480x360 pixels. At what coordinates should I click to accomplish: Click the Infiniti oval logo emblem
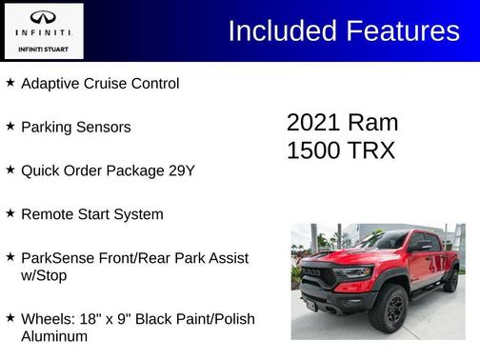click(x=44, y=18)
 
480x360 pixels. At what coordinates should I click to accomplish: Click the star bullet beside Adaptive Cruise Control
click(x=10, y=83)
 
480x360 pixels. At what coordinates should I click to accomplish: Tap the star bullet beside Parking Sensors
click(x=10, y=126)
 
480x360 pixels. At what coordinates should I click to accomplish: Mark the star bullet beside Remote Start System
click(x=10, y=213)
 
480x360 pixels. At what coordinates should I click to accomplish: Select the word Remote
click(x=47, y=214)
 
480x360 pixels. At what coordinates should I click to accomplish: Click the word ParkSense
click(x=56, y=258)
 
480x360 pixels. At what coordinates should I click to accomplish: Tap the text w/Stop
click(x=45, y=275)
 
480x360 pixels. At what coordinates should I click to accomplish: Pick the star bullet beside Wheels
click(x=10, y=318)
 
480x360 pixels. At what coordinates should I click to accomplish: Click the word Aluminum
click(x=54, y=336)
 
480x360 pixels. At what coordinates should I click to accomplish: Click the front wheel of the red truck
click(x=388, y=308)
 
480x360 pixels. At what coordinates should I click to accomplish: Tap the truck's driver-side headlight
click(x=354, y=274)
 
